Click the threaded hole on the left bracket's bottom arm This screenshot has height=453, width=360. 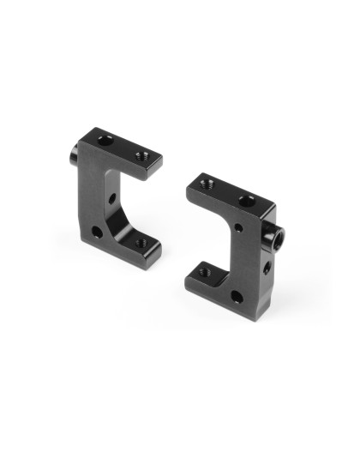140,244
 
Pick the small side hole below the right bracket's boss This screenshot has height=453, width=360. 267,268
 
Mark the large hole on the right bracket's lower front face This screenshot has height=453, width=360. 236,298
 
